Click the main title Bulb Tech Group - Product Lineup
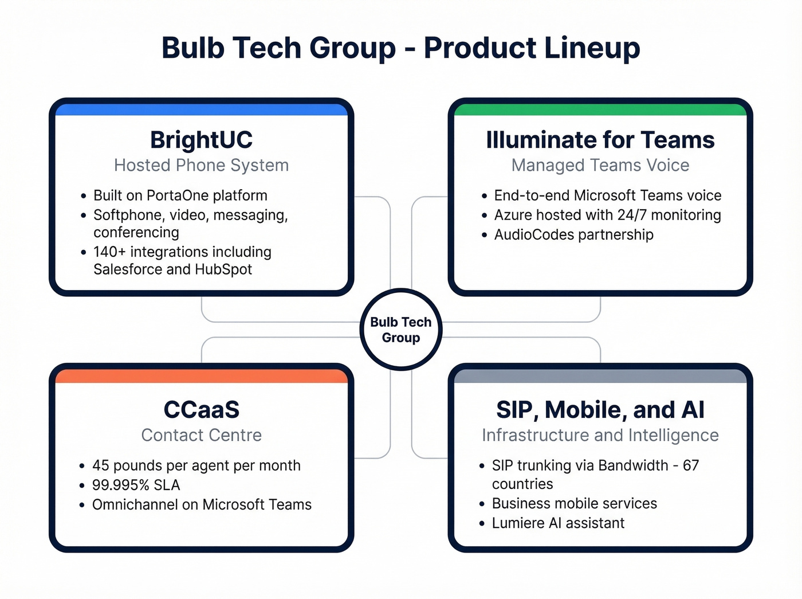[x=400, y=48]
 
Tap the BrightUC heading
[x=201, y=140]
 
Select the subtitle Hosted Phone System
[x=201, y=165]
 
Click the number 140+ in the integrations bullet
[x=109, y=252]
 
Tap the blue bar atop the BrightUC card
[x=201, y=109]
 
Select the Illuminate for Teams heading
[x=600, y=140]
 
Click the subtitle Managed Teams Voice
[x=600, y=165]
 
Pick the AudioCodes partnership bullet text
[x=573, y=234]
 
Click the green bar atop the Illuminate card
[x=600, y=109]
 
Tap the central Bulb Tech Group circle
[x=400, y=330]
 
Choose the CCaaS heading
[x=201, y=410]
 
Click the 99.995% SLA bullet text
[x=136, y=486]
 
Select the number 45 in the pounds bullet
[x=100, y=465]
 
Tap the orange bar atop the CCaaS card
[x=201, y=376]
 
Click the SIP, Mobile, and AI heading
[x=600, y=410]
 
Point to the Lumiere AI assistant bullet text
[x=558, y=523]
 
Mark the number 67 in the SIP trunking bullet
[x=691, y=465]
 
